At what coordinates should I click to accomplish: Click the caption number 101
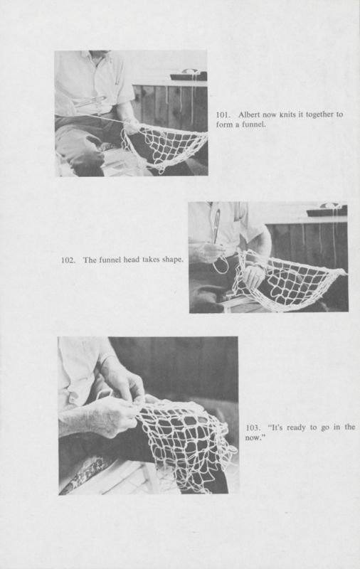pos(223,115)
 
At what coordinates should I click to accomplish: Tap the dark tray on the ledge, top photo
pos(189,75)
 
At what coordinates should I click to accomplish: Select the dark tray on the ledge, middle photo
pos(327,211)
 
